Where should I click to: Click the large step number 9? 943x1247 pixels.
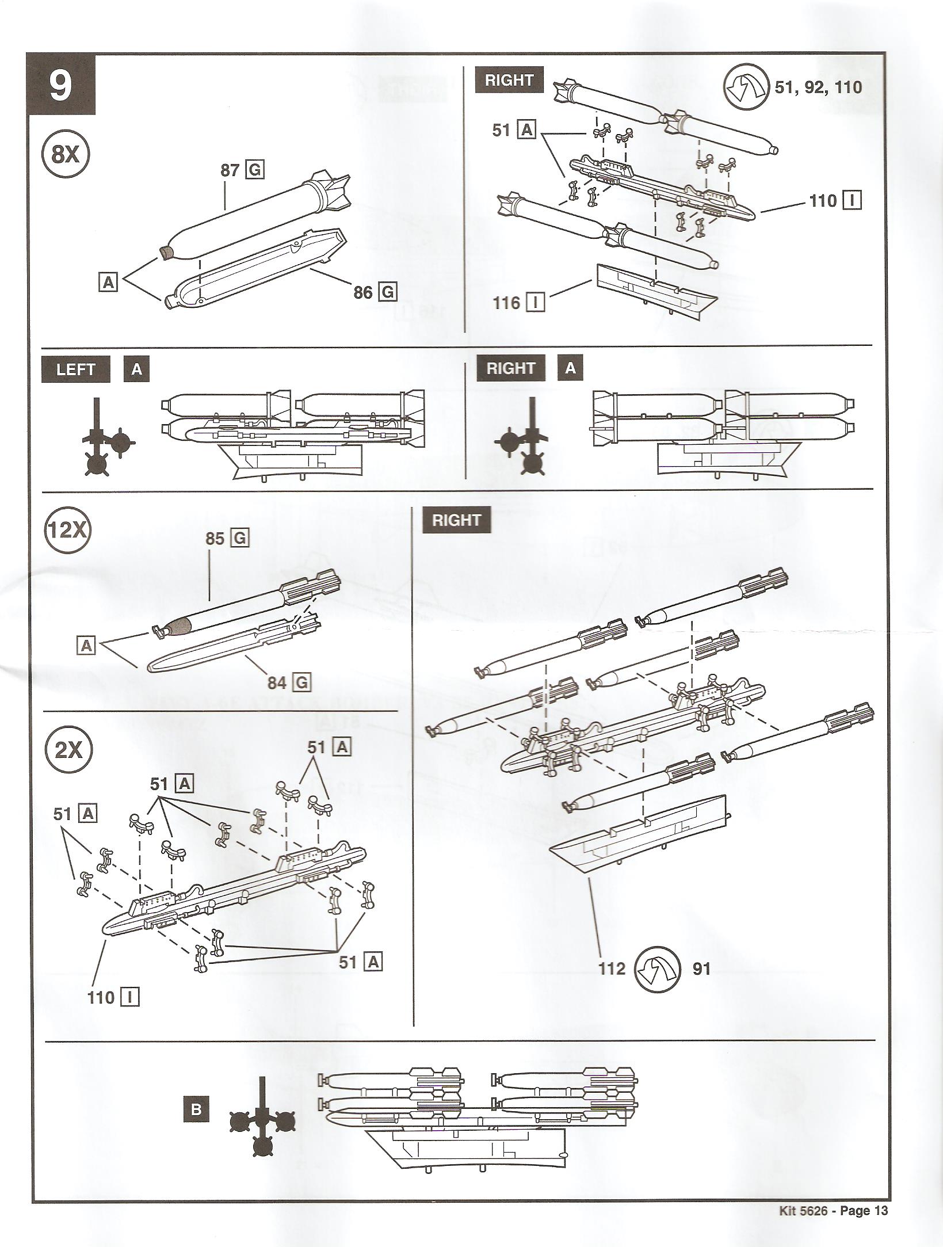[x=60, y=85]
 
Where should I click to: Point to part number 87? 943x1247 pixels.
[x=230, y=170]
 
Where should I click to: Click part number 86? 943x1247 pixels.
[x=363, y=292]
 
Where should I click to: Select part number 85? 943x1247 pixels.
[x=215, y=539]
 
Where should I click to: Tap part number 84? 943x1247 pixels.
[x=277, y=682]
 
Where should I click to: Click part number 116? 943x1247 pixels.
[x=506, y=303]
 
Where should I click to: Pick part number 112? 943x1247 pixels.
[x=611, y=969]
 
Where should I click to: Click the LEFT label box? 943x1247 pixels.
[x=75, y=369]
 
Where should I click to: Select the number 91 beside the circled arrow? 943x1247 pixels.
[x=701, y=969]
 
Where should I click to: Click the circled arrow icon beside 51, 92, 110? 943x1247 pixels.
[x=746, y=87]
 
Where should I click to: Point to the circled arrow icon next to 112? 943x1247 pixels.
[x=656, y=968]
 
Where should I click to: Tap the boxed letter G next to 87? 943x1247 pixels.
[x=255, y=170]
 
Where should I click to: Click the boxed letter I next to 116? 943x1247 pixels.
[x=536, y=303]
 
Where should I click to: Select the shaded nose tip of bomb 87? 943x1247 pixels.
[x=166, y=251]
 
